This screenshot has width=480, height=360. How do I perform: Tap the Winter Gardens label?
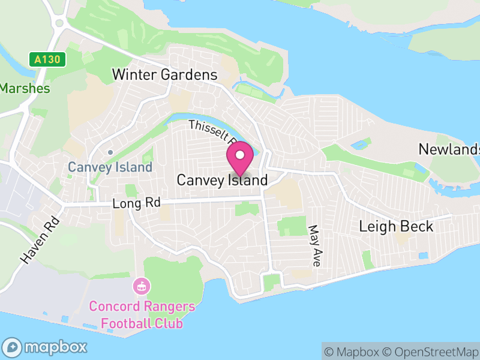165,75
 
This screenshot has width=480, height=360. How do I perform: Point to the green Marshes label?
25,88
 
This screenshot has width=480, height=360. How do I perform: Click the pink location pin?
240,157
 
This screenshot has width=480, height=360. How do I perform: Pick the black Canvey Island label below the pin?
222,180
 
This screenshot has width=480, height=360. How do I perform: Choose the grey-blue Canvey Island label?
110,167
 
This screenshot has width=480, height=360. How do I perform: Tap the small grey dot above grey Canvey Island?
110,152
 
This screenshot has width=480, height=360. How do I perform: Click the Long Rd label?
136,204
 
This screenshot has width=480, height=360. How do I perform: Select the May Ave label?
314,245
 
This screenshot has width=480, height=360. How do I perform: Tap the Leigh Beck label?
395,226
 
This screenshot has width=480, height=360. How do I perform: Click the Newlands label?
449,149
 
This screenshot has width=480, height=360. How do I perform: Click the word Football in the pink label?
125,323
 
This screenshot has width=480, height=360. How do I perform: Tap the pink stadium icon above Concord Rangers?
142,286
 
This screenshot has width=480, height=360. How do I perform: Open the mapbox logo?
46,347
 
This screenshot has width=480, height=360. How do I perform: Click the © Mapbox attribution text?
352,352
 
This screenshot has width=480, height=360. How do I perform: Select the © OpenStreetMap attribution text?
430,352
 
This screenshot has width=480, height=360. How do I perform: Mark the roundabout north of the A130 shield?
59,23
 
